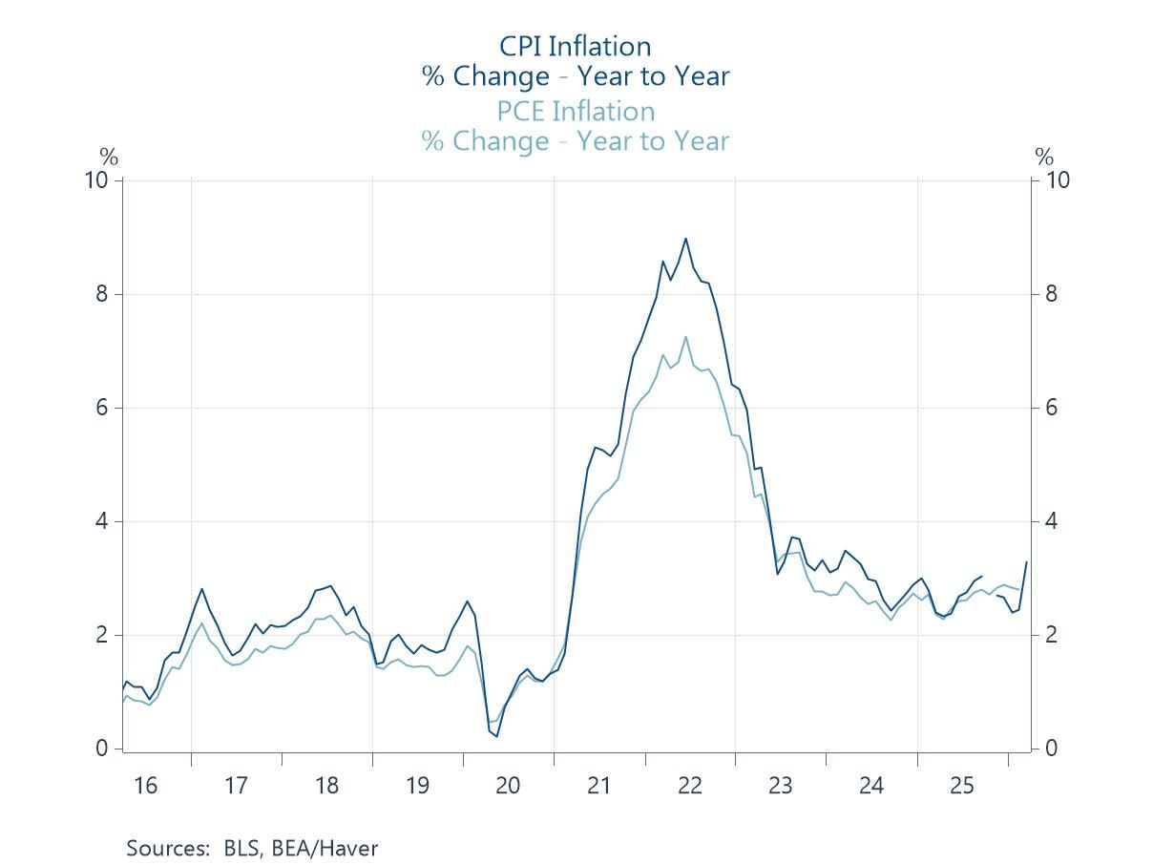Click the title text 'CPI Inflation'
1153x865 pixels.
576,46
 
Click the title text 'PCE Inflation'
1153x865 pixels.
576,111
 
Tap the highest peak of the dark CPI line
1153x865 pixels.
685,239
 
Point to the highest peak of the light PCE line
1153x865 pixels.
685,337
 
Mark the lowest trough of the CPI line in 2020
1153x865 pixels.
496,735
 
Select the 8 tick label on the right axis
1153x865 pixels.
1051,294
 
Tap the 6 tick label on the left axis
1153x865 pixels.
102,408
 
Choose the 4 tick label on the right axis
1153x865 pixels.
1051,521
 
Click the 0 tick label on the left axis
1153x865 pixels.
102,749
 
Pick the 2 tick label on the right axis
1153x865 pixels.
1051,635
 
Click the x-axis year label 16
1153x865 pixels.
145,786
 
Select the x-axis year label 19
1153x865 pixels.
417,786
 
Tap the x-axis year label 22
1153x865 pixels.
690,786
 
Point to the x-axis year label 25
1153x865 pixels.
962,786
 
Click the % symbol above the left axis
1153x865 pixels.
109,158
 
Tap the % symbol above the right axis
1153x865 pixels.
1045,158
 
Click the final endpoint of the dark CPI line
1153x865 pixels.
1027,561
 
